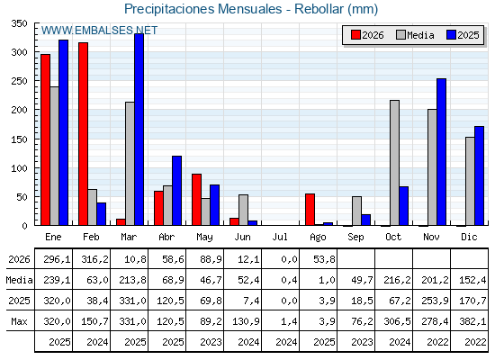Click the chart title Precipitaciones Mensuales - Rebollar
251,9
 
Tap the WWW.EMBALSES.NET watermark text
99,31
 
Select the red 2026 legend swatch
355,35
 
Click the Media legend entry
415,35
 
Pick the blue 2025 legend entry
463,35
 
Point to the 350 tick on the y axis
19,23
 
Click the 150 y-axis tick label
19,139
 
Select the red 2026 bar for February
83,134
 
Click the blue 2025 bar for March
139,130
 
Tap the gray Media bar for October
394,163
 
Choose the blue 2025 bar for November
441,152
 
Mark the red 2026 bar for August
310,210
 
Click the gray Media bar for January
54,156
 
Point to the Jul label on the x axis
280,238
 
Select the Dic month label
469,238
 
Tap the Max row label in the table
19,321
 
